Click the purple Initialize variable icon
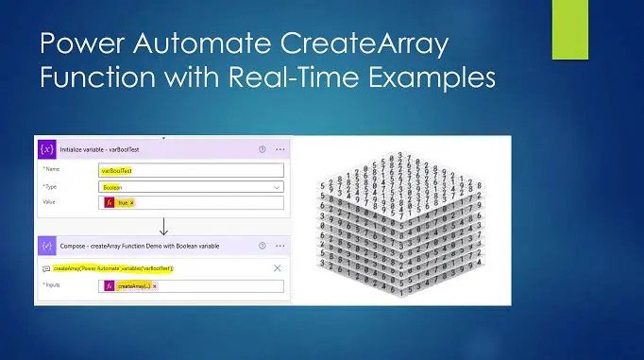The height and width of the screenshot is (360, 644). [46, 149]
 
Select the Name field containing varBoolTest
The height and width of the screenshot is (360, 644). [189, 171]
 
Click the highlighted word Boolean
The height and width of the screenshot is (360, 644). [112, 187]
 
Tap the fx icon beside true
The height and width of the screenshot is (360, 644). [109, 202]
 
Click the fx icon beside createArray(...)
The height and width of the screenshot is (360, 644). [109, 285]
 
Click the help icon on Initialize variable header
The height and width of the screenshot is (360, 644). [262, 149]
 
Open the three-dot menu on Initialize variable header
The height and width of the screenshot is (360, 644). [280, 149]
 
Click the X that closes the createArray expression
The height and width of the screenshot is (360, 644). [277, 268]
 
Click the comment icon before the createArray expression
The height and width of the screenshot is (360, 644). [45, 268]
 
